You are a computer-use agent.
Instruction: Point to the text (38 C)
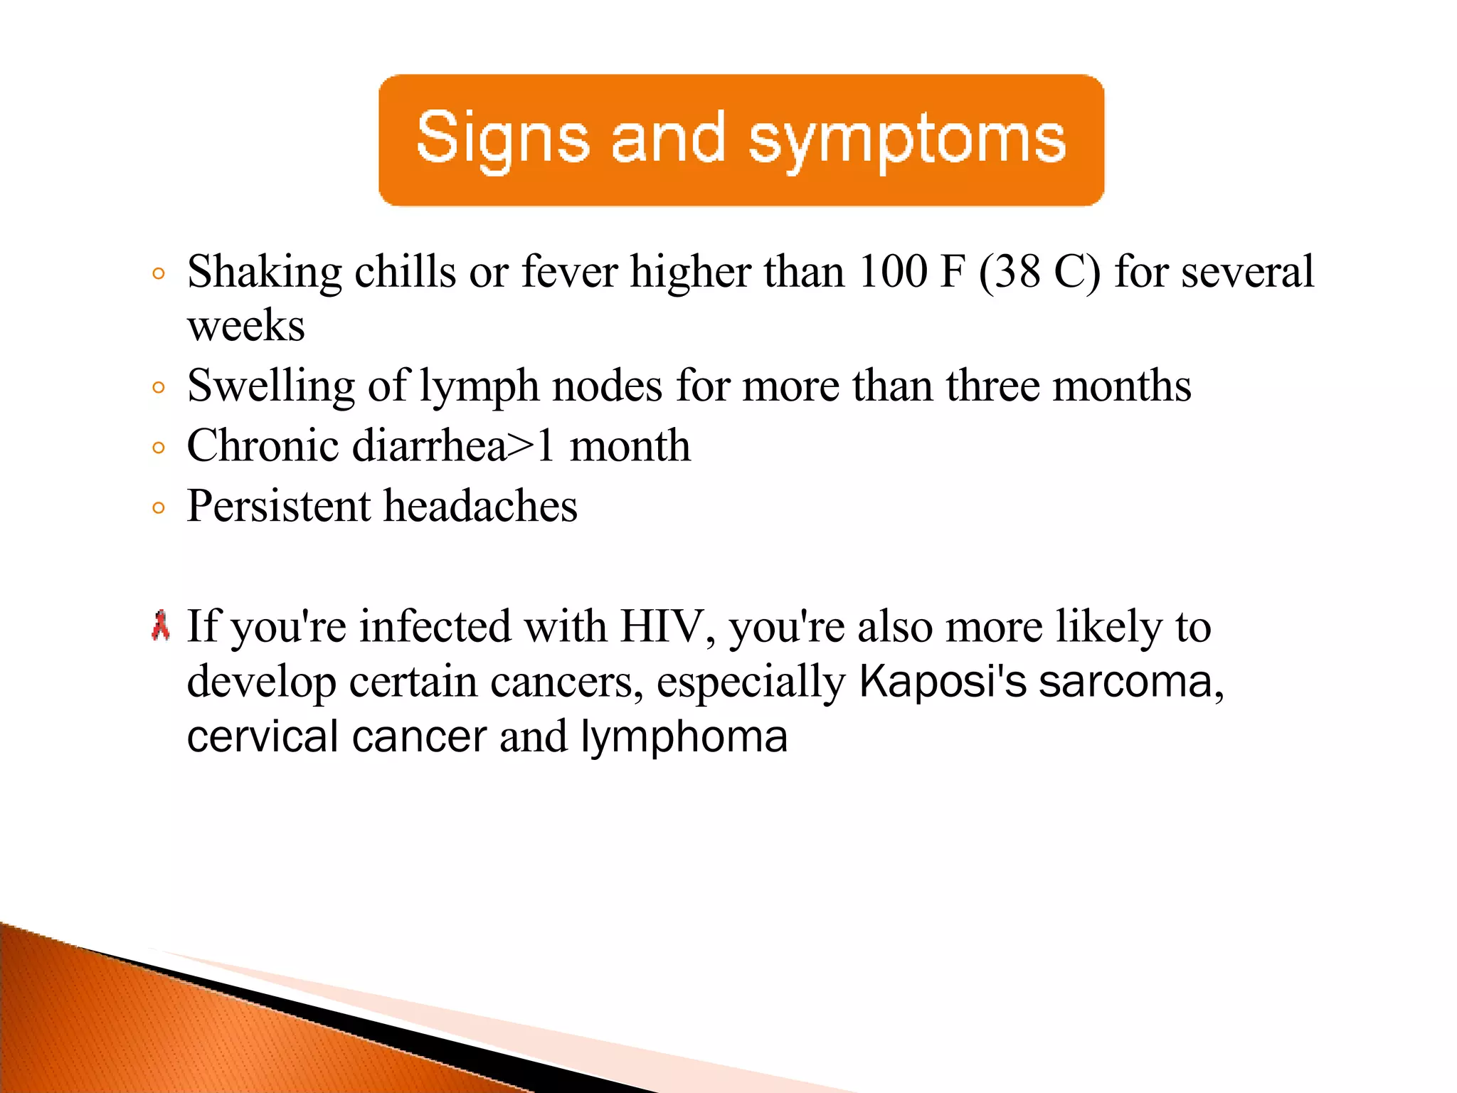coord(1039,272)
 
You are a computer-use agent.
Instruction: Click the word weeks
coord(245,327)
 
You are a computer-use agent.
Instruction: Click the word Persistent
coord(279,507)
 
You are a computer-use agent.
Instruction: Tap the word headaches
coord(481,507)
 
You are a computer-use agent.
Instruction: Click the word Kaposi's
coord(943,682)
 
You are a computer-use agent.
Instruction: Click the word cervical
coord(262,736)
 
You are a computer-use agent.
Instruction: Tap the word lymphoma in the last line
coord(684,738)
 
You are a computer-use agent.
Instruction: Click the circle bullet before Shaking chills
coord(159,273)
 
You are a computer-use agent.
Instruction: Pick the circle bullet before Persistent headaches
coord(159,508)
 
